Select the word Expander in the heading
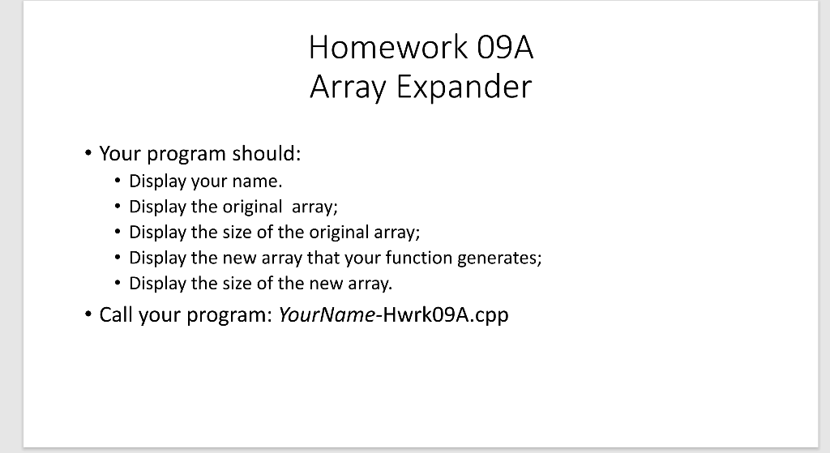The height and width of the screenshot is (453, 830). point(464,86)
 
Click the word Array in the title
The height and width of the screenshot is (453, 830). point(348,86)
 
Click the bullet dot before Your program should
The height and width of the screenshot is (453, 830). point(87,153)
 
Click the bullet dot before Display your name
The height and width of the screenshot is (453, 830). point(118,181)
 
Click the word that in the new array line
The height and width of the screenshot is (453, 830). point(320,258)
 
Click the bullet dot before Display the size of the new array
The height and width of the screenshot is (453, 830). point(118,284)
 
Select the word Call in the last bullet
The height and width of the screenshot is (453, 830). point(117,314)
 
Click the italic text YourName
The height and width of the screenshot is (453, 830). point(324,314)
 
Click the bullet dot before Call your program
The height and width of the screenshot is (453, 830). point(87,314)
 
